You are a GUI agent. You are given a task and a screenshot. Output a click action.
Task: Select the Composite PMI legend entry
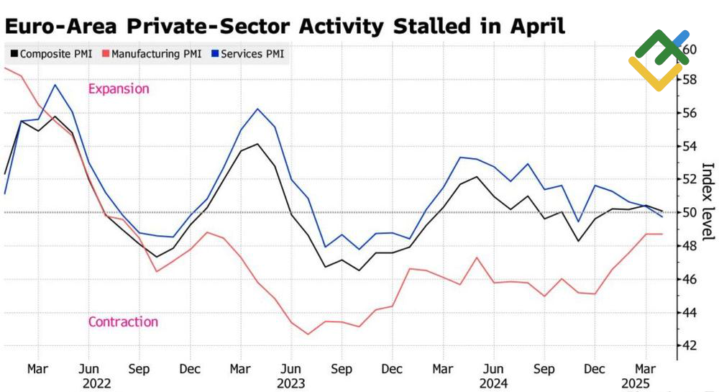point(50,54)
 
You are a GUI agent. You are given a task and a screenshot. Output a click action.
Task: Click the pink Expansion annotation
point(119,89)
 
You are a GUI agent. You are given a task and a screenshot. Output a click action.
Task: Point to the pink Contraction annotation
point(123,322)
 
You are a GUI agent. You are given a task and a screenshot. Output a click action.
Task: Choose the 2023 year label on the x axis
point(291,383)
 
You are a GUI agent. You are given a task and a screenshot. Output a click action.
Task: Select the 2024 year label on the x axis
point(493,383)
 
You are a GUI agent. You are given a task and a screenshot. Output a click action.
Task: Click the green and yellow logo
point(659,59)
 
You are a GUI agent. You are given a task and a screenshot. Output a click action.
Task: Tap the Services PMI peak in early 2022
point(55,85)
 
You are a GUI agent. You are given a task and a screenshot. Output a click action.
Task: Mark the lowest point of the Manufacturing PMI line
point(308,334)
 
